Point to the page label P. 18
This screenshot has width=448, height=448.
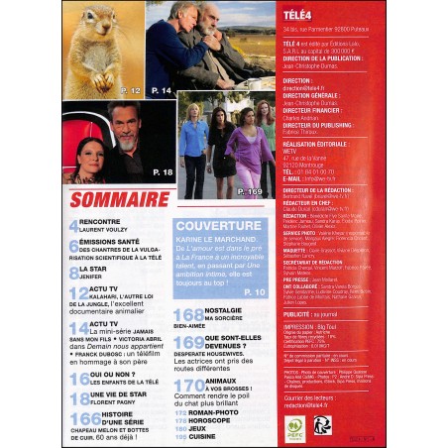tap(164, 172)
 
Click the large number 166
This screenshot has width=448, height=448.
tap(81, 421)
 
